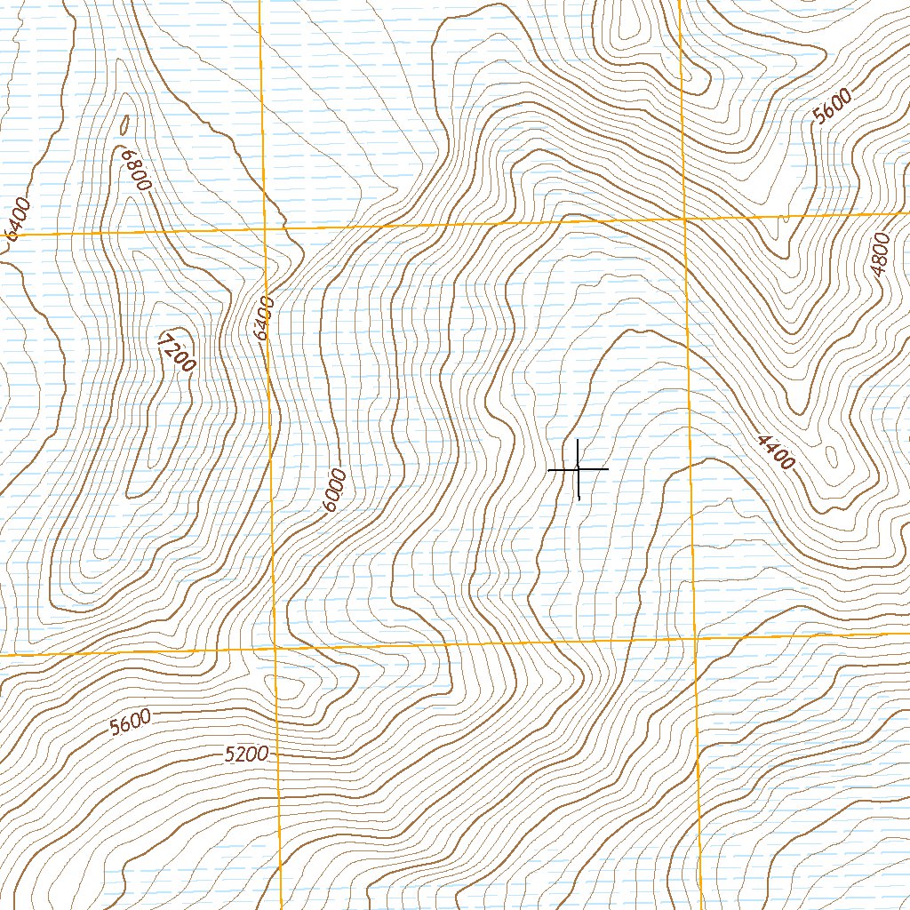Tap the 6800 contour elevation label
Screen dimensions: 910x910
(x=136, y=169)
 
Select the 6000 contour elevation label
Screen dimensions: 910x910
(x=334, y=491)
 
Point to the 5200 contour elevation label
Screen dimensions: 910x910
(x=245, y=754)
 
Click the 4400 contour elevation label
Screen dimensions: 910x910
(x=775, y=451)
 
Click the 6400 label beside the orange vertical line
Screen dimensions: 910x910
(x=261, y=318)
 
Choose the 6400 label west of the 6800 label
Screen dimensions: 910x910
(x=18, y=219)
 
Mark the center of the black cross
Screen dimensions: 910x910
(x=579, y=468)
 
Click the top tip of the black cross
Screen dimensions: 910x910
(x=579, y=439)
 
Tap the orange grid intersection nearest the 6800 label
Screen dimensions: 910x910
(x=266, y=228)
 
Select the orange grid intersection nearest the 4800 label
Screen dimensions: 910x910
(x=684, y=218)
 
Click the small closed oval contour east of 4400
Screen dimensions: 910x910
(x=830, y=457)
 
